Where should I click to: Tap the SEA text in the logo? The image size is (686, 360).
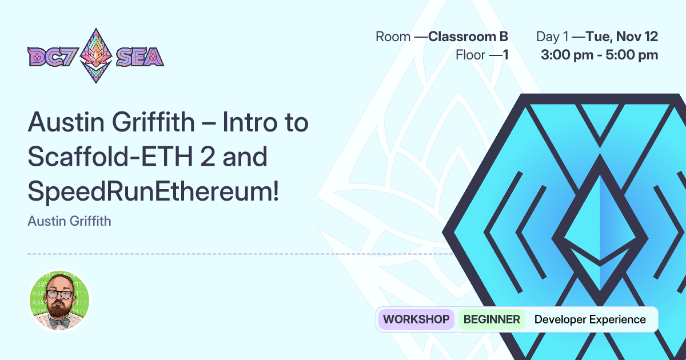[x=140, y=57]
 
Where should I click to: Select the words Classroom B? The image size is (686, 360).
[x=468, y=37]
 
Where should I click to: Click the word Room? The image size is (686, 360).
[x=393, y=37]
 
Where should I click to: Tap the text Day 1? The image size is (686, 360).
[x=552, y=37]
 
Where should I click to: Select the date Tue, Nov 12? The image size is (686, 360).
[x=622, y=37]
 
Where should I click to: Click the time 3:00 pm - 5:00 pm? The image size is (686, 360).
[x=599, y=55]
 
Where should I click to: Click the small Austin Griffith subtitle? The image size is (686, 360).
[x=69, y=221]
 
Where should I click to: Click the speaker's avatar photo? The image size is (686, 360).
[x=59, y=301]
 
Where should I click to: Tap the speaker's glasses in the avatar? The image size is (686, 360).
[x=59, y=295]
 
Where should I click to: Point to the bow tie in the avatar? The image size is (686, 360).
[x=59, y=323]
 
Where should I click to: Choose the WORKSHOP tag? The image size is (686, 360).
[x=416, y=319]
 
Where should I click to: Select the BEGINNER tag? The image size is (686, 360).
[x=492, y=319]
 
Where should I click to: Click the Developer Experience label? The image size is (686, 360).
[x=590, y=319]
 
